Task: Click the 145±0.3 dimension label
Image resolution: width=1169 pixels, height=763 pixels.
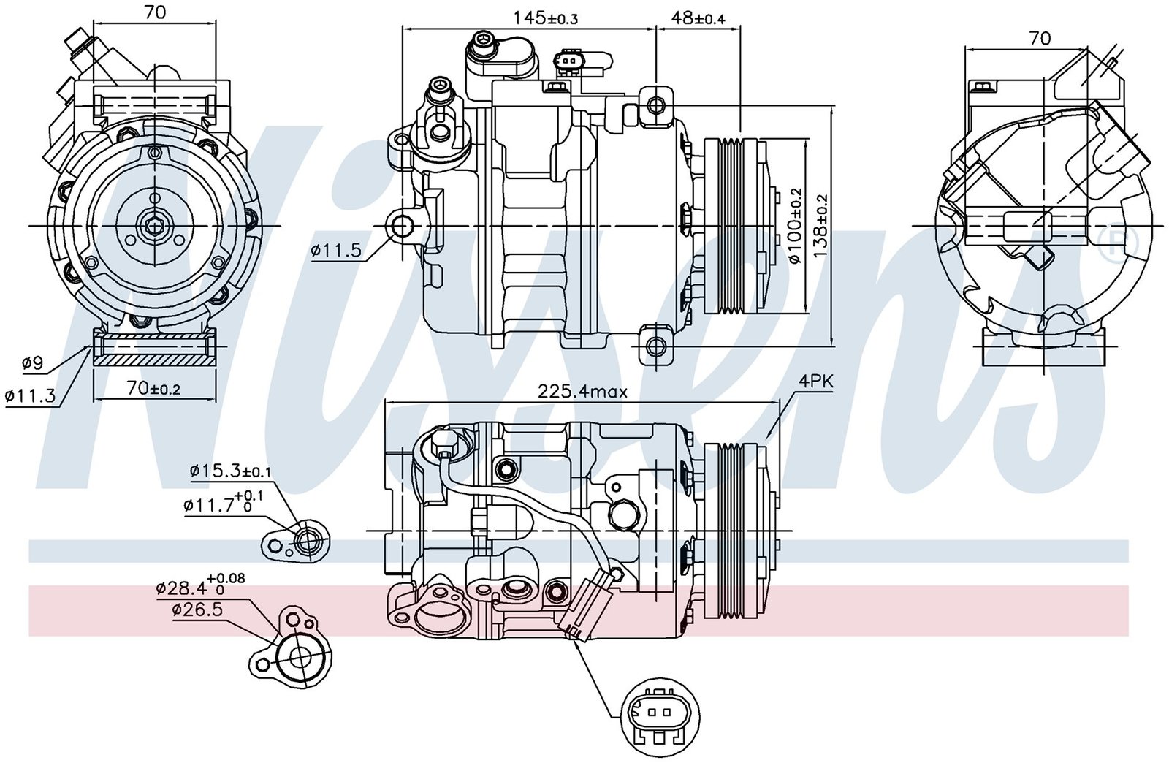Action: [545, 18]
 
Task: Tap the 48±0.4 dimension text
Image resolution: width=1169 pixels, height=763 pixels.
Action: [698, 18]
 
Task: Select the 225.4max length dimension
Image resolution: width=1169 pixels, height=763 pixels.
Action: [582, 391]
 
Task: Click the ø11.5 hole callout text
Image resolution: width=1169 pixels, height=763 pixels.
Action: [336, 251]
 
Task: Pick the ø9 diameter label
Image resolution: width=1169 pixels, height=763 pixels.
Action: [33, 362]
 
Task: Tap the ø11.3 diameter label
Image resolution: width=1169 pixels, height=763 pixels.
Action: [30, 395]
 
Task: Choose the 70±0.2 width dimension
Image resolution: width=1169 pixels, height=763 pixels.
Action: [153, 389]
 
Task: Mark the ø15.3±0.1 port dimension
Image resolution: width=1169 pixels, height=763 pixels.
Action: [230, 472]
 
